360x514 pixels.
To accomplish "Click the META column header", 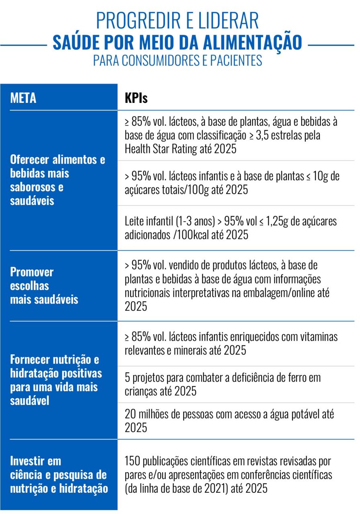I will [23, 98].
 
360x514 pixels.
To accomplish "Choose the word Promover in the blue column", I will [32, 272].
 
